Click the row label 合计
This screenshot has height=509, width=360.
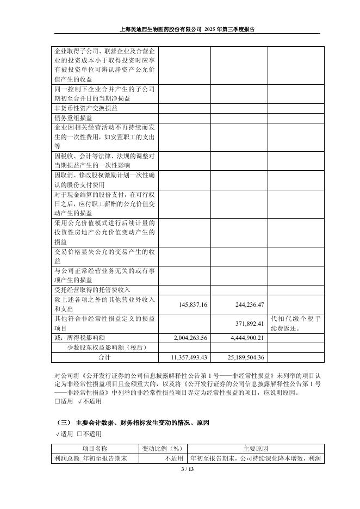pyautogui.click(x=104, y=357)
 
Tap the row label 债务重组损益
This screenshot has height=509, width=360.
pyautogui.click(x=73, y=117)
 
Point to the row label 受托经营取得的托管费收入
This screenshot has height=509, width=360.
pyautogui.click(x=92, y=290)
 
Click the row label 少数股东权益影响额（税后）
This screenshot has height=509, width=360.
pyautogui.click(x=107, y=347)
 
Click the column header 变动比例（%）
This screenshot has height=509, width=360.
pyautogui.click(x=161, y=449)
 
